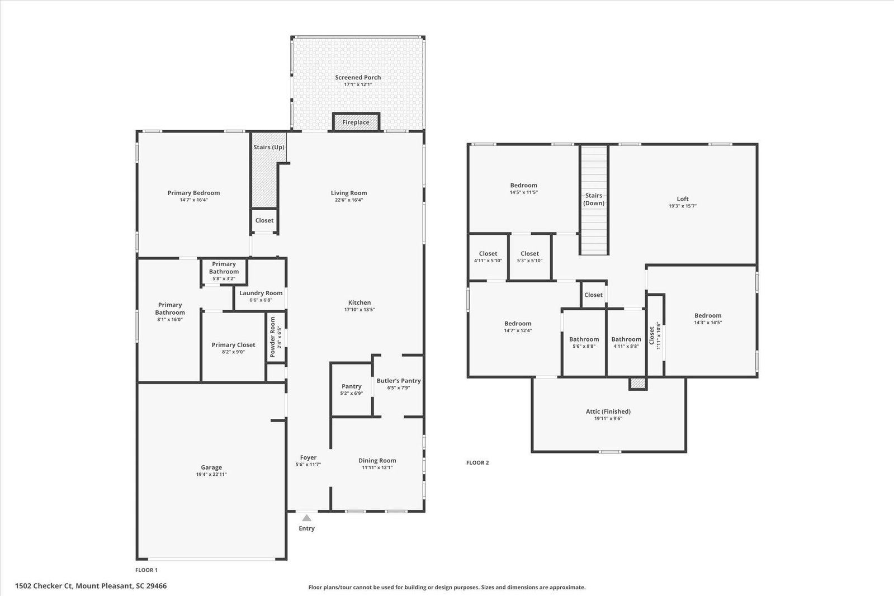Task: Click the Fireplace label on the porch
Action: click(356, 122)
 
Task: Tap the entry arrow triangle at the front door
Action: click(306, 518)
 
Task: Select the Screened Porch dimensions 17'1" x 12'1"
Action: click(358, 84)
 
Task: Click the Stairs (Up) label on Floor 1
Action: click(269, 147)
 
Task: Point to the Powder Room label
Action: click(273, 337)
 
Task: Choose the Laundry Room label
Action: click(261, 293)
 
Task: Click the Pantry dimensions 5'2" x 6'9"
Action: click(352, 393)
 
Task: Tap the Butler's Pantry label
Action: click(399, 381)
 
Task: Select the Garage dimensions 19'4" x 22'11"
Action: click(211, 474)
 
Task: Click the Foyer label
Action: click(308, 457)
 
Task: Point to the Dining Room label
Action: click(377, 461)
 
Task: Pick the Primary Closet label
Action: click(234, 345)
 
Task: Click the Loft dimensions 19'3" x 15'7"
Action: click(683, 206)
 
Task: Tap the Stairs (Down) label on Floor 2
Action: click(594, 199)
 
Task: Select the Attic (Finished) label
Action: click(608, 411)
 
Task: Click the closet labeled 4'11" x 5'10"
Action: click(488, 261)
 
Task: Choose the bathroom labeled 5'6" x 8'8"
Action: click(584, 346)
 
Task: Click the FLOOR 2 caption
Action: click(477, 463)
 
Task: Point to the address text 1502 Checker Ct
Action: click(44, 586)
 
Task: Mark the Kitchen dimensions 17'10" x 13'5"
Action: click(360, 310)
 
